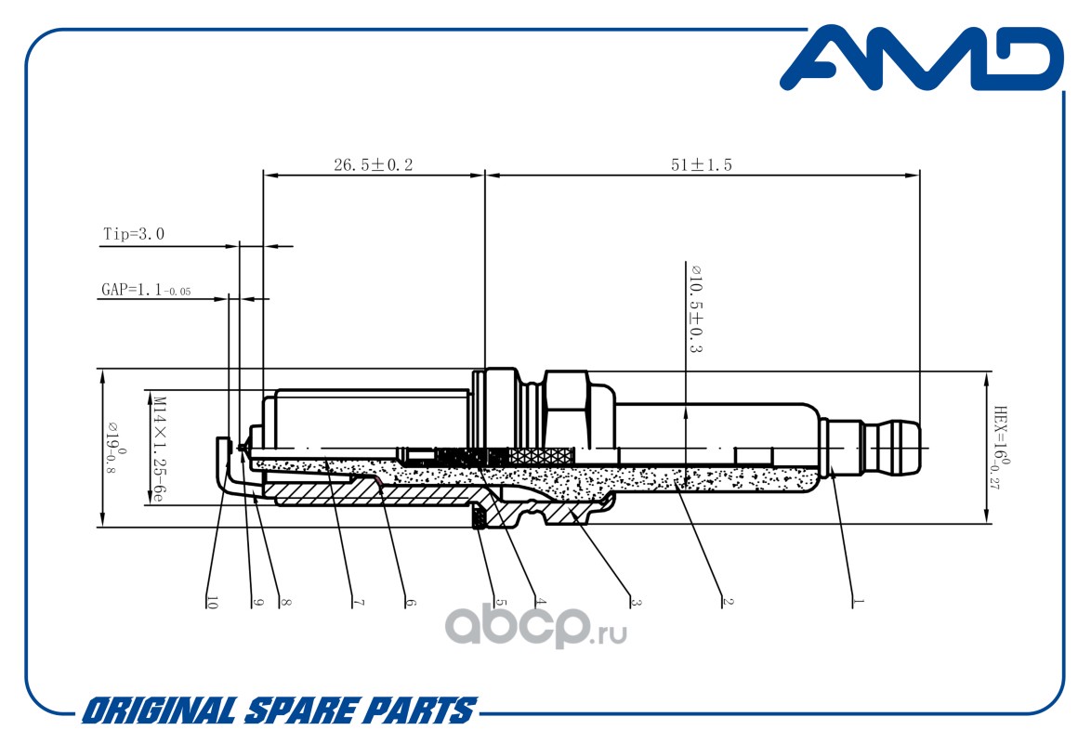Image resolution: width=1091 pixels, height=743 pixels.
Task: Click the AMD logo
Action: click(x=922, y=59)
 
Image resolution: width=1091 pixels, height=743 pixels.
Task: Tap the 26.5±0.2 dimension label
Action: click(x=373, y=165)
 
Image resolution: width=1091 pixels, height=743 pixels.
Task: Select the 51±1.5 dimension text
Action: click(x=702, y=165)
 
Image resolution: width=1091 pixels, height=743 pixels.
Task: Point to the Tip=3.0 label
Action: click(x=134, y=234)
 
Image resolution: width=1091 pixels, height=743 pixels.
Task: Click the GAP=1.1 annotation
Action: click(x=146, y=290)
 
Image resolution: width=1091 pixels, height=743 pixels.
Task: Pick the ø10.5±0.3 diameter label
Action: click(x=695, y=308)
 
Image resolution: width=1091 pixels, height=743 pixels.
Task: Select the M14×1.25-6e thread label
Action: click(x=159, y=450)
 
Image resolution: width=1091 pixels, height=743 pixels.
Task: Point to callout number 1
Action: click(x=858, y=601)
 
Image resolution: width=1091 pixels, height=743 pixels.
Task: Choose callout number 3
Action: click(x=636, y=602)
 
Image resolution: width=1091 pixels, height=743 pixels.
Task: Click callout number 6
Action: click(x=410, y=602)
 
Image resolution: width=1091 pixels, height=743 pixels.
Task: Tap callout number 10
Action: click(x=212, y=603)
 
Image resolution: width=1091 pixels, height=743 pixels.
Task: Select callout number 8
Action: click(x=285, y=602)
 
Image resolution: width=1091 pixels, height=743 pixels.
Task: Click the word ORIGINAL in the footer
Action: click(x=160, y=711)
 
